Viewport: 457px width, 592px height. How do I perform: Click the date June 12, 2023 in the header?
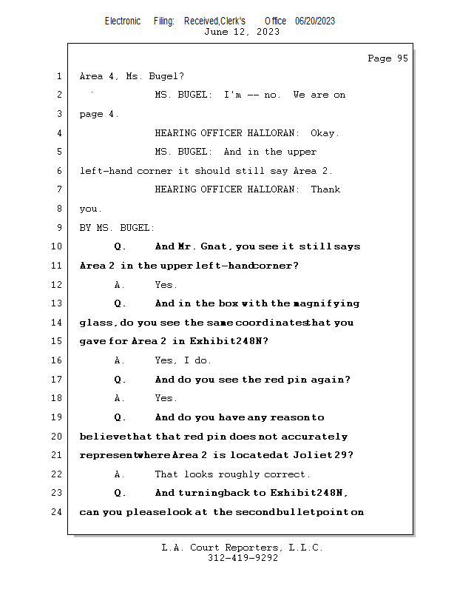242,32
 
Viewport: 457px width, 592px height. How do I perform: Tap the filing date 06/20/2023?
315,21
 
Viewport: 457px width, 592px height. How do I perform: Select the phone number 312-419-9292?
243,558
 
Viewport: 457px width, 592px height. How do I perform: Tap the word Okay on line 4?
324,133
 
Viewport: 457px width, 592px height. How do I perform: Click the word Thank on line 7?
325,189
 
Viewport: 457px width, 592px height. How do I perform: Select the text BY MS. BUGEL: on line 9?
117,228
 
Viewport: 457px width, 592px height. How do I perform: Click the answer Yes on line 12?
166,285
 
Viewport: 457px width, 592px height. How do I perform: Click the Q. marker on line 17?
121,380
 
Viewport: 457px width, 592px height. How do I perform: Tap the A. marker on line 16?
120,360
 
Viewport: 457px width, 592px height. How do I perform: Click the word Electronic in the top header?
123,21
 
